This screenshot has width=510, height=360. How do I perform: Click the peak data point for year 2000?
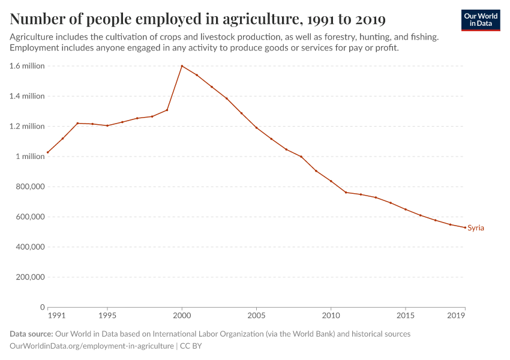(x=182, y=66)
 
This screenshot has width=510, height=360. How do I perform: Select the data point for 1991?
(x=47, y=152)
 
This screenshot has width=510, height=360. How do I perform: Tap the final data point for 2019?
(x=465, y=227)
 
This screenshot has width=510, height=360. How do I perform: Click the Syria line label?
(x=476, y=228)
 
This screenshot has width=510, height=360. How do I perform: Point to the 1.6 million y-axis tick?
(x=27, y=66)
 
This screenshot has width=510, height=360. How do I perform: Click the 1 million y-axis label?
(x=29, y=157)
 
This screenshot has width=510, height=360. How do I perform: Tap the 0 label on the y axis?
(x=42, y=307)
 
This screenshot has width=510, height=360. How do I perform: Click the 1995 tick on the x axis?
(x=107, y=315)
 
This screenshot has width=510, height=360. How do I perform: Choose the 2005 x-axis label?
(x=256, y=315)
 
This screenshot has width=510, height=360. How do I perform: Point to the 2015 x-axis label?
(x=406, y=315)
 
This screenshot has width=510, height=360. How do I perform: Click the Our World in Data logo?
(x=481, y=20)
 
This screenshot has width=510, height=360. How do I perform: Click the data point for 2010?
(x=331, y=181)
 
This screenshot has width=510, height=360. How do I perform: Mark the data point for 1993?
(x=77, y=123)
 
